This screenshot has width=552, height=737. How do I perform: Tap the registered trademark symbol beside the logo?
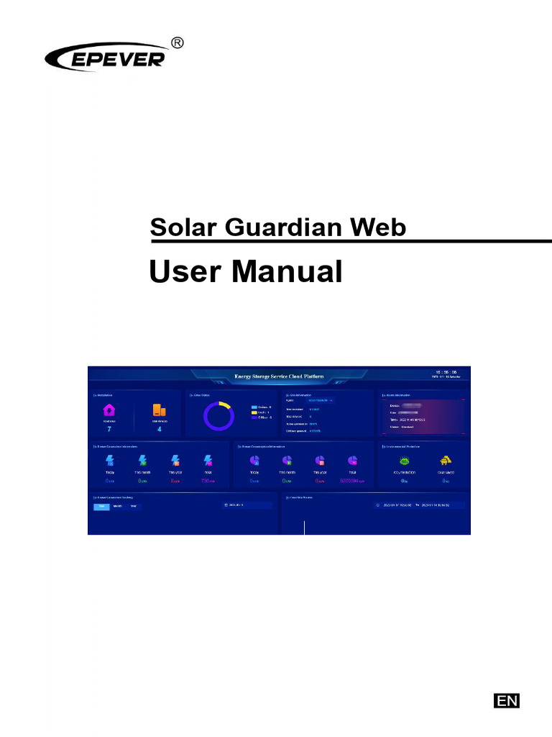coord(176,42)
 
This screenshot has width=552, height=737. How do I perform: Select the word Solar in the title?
coord(183,227)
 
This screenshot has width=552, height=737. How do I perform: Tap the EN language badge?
coord(507,700)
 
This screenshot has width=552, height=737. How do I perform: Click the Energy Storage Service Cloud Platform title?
coord(280,376)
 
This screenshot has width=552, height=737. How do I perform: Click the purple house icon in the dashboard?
coord(109,410)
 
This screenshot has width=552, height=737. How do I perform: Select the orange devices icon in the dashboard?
coord(159,410)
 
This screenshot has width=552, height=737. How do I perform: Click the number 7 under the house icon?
coord(109,429)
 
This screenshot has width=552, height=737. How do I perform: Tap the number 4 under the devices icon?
coord(159,429)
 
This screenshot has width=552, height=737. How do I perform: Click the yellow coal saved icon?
coord(445,461)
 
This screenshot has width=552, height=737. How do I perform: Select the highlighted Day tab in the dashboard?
coord(101,506)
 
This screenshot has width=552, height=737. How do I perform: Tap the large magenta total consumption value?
coord(352,480)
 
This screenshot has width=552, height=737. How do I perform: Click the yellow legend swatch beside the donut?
coord(254,412)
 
